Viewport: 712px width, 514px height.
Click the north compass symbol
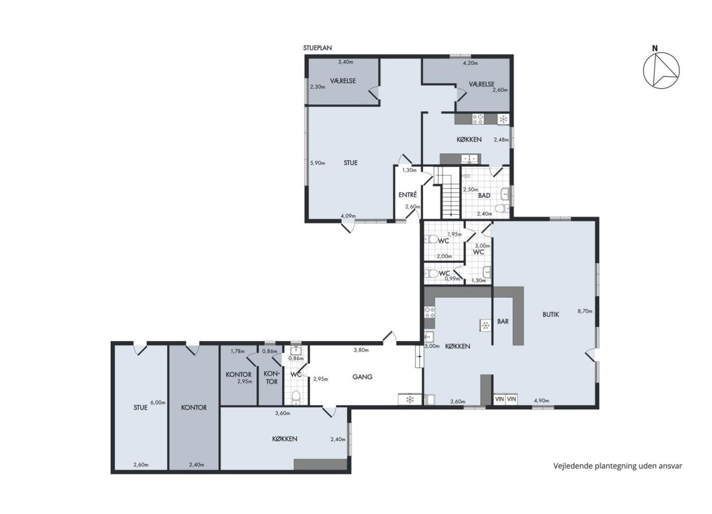661,70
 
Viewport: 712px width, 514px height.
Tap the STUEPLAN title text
317,48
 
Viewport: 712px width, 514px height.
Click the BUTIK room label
550,315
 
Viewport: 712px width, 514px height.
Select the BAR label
503,321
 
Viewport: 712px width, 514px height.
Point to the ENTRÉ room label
407,194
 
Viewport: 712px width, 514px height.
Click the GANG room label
362,377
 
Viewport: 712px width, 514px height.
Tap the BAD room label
484,195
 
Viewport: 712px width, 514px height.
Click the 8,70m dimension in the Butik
585,311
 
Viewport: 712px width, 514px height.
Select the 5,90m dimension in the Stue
317,163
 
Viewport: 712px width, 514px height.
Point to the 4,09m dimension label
348,216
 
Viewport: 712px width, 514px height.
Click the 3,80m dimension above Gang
361,350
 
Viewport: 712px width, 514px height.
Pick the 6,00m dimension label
158,403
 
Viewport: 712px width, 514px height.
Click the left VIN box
499,399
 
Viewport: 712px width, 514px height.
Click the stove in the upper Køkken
478,119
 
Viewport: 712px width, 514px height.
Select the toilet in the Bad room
502,209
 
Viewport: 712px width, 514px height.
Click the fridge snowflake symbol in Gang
410,399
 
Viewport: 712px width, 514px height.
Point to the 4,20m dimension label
470,63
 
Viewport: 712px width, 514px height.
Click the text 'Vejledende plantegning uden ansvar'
617,466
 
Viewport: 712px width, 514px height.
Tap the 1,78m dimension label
238,352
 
